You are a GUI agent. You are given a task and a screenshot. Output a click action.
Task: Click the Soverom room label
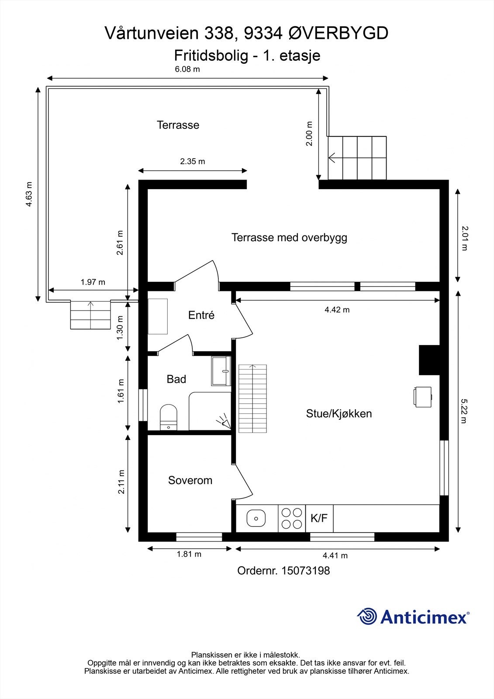[x=190, y=480]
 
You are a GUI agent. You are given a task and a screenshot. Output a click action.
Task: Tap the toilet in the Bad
[x=168, y=417]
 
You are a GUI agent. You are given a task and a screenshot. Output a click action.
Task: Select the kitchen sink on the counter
[x=256, y=519]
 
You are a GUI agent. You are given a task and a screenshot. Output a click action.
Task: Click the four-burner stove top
[x=292, y=518]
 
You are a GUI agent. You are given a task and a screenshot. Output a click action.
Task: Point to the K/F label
[x=319, y=519]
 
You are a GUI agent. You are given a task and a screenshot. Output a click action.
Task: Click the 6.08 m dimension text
[x=187, y=69]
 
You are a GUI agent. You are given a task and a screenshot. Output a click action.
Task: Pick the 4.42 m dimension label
[x=337, y=310]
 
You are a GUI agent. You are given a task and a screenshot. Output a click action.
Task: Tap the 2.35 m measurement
[x=193, y=161]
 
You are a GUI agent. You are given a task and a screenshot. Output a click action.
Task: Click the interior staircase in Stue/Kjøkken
[x=252, y=398]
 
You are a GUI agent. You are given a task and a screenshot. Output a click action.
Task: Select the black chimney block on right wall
[x=429, y=360]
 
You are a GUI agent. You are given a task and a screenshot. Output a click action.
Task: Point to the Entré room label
[x=201, y=315]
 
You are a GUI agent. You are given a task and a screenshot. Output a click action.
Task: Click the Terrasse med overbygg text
[x=289, y=238]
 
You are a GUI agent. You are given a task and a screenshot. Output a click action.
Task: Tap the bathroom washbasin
[x=221, y=371]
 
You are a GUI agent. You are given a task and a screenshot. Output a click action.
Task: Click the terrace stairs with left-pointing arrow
[x=357, y=158]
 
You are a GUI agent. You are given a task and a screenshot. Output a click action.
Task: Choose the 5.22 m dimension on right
[x=464, y=411]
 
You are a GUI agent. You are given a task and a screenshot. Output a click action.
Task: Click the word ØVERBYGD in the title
[x=339, y=33]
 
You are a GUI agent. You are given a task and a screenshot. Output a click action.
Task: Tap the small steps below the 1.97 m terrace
[x=90, y=315]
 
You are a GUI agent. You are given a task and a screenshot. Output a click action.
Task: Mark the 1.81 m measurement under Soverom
[x=189, y=554]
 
